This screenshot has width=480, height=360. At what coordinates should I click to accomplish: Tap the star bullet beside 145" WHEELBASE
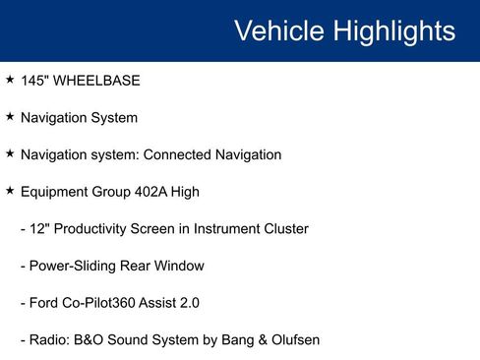[x=9, y=79]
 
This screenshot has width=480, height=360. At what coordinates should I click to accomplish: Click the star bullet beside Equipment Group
[x=9, y=191]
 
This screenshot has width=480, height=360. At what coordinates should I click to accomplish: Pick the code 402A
[x=147, y=192]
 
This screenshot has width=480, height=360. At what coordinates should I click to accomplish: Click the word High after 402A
[x=184, y=192]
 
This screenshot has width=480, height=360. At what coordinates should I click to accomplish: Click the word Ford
[x=46, y=304]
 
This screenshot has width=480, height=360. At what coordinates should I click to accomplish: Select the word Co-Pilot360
[x=105, y=304]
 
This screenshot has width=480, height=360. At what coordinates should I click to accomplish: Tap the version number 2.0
[x=188, y=304]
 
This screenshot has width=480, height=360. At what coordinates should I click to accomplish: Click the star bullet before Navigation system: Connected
[x=9, y=153]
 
